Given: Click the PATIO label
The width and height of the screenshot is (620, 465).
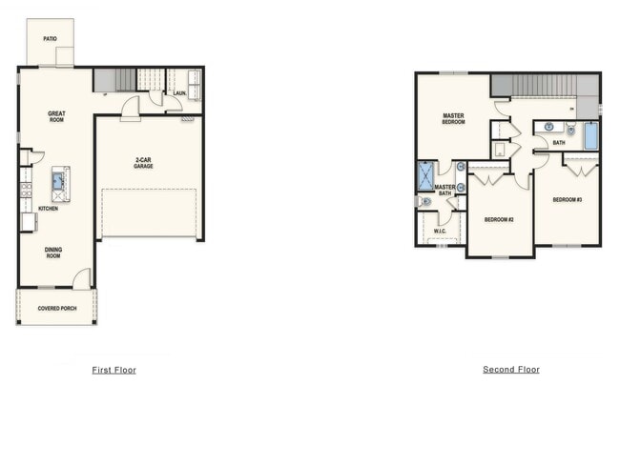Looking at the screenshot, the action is (x=50, y=39).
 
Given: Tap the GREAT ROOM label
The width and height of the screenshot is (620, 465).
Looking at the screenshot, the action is (x=56, y=116).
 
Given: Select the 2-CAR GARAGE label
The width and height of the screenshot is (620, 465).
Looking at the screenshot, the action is (x=143, y=163).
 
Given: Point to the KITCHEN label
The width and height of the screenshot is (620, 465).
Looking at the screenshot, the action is (x=49, y=209).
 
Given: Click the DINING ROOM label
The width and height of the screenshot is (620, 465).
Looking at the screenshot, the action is (x=53, y=253).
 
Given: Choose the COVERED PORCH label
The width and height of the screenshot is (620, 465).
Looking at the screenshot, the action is (x=57, y=308).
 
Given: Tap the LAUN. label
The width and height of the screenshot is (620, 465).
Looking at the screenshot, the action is (x=180, y=93).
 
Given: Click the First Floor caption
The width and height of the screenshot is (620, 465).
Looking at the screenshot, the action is (x=114, y=370).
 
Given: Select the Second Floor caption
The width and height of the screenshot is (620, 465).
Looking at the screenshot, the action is (x=511, y=370).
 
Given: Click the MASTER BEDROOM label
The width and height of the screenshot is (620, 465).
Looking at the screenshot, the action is (x=453, y=119).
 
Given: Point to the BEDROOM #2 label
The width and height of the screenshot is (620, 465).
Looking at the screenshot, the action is (x=499, y=220).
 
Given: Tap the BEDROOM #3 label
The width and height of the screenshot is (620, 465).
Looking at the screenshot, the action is (x=568, y=200).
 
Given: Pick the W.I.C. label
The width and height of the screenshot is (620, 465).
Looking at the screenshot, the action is (x=440, y=232).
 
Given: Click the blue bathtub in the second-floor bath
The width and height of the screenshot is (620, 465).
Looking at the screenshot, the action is (x=591, y=136).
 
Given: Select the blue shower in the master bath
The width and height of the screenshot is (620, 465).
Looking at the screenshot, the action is (x=426, y=176).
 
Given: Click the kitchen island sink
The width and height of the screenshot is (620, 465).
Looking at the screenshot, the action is (x=58, y=181).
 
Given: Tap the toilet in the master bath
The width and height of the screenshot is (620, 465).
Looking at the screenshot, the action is (x=424, y=201).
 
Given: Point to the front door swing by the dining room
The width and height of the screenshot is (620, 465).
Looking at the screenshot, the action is (x=82, y=279).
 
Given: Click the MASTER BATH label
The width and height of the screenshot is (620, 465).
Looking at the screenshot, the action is (x=444, y=190).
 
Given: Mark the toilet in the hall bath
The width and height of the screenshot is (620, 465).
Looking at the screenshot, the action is (x=570, y=129).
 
